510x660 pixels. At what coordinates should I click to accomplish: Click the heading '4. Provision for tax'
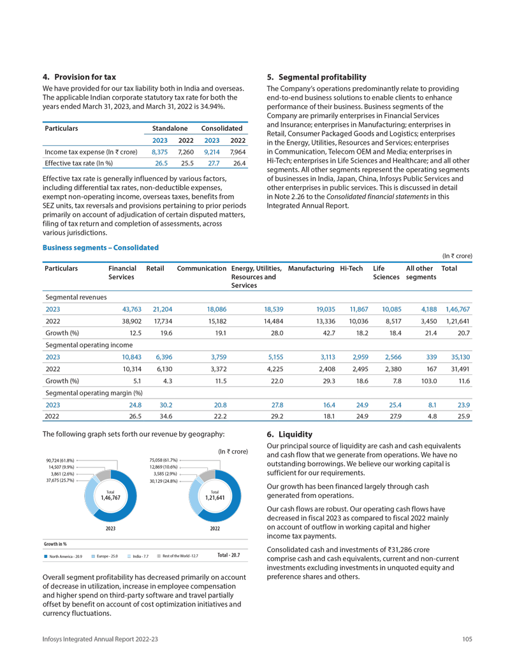[79, 77]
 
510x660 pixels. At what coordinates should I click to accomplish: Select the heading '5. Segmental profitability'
[316, 77]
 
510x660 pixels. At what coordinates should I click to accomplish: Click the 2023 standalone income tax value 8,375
[159, 152]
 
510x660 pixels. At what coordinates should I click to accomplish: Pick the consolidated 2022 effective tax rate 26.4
[237, 164]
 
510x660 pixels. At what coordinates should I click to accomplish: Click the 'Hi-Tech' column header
[352, 269]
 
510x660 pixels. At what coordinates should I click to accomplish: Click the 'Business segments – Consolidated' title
[100, 247]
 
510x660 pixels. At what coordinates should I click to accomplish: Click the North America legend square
[46, 556]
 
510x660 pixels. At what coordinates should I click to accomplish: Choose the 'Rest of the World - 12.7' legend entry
[178, 556]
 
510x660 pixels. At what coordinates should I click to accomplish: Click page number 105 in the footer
[467, 640]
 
